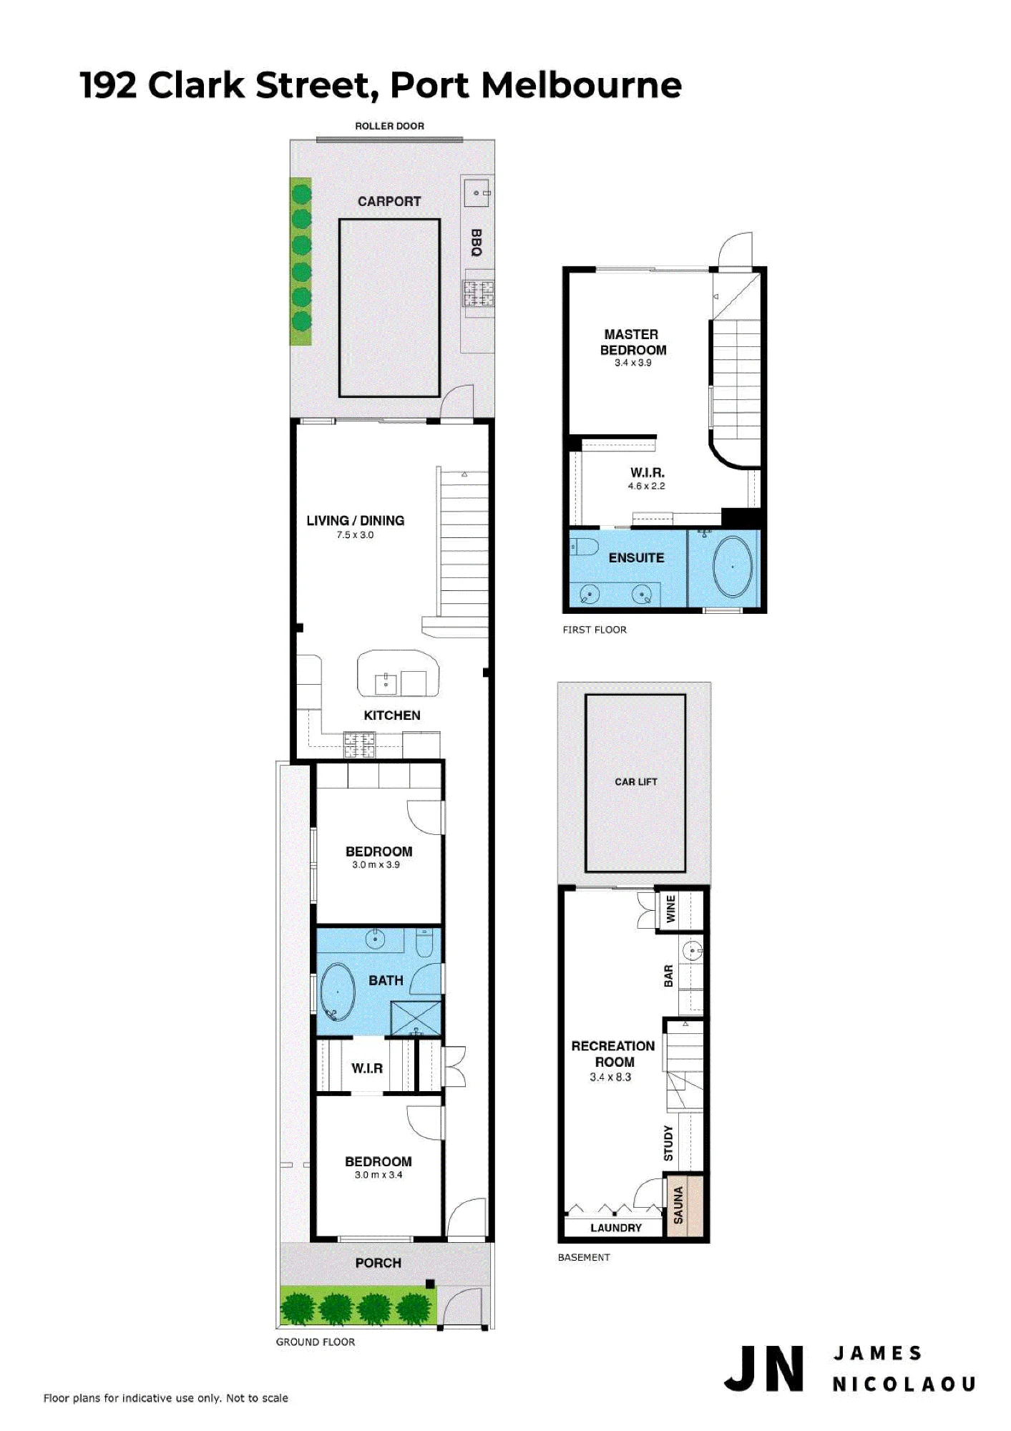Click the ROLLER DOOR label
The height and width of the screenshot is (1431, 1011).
click(389, 126)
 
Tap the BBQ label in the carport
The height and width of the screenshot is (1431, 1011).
click(477, 243)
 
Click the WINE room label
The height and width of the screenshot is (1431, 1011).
click(670, 909)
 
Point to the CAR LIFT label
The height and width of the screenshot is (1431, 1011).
click(635, 782)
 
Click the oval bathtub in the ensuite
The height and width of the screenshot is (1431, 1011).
click(733, 567)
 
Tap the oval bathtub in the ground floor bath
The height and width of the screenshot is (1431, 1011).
click(338, 992)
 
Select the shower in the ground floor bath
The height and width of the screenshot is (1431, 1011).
click(416, 1018)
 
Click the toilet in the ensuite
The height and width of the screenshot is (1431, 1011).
click(585, 548)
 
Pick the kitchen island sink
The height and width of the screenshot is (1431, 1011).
click(386, 683)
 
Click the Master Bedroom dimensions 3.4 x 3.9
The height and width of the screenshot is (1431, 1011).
click(633, 363)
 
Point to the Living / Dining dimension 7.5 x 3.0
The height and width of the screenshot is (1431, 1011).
click(355, 534)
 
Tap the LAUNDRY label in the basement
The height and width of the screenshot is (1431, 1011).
click(616, 1228)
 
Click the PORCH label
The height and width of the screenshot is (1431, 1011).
click(378, 1263)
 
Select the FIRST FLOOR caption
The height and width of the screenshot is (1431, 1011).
click(595, 630)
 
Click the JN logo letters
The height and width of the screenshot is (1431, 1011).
click(763, 1369)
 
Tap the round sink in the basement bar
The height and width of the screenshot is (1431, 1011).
click(692, 952)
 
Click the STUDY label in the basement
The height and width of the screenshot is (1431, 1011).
click(668, 1143)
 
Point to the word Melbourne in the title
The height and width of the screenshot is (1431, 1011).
click(581, 85)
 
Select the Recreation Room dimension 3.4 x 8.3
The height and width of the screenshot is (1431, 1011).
click(610, 1077)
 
